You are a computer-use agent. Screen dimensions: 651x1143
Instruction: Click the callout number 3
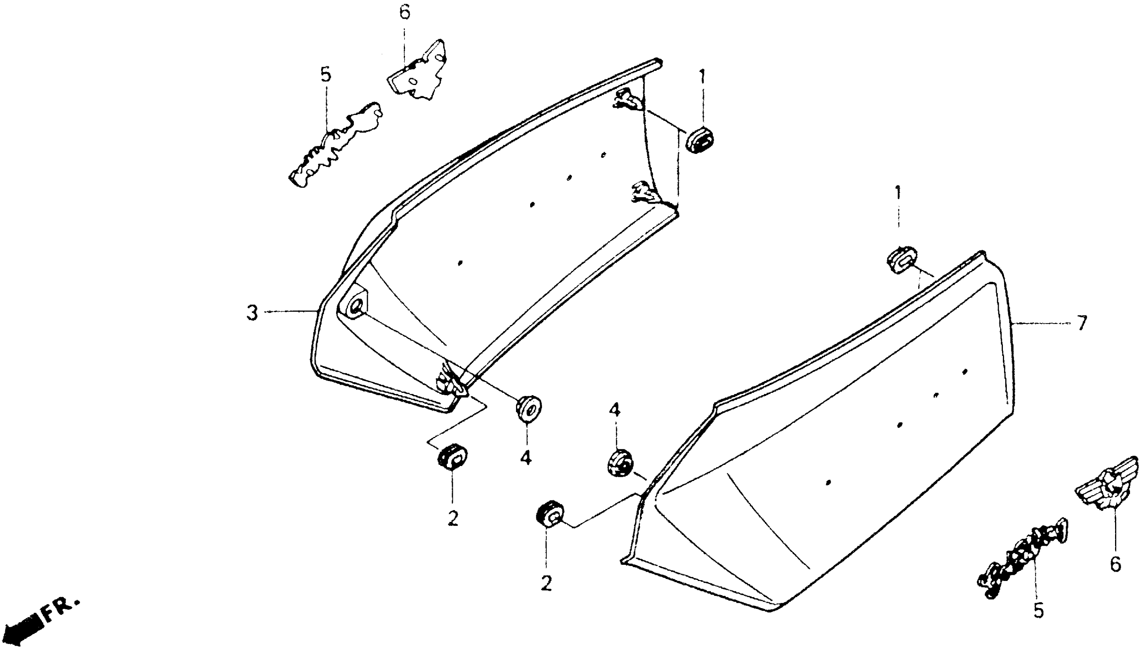click(x=253, y=312)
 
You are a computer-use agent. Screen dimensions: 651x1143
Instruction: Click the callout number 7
click(x=1081, y=323)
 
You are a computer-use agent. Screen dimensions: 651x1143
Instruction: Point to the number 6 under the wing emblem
click(x=1116, y=564)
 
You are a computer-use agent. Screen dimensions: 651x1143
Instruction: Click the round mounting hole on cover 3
click(x=356, y=307)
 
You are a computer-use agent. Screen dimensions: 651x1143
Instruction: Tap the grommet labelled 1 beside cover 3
click(x=699, y=139)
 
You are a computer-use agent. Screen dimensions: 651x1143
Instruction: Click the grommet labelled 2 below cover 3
click(x=452, y=456)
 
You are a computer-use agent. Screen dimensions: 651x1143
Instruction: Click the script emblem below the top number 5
click(x=335, y=145)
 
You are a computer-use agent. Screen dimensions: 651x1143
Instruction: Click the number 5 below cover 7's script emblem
click(x=1038, y=610)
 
